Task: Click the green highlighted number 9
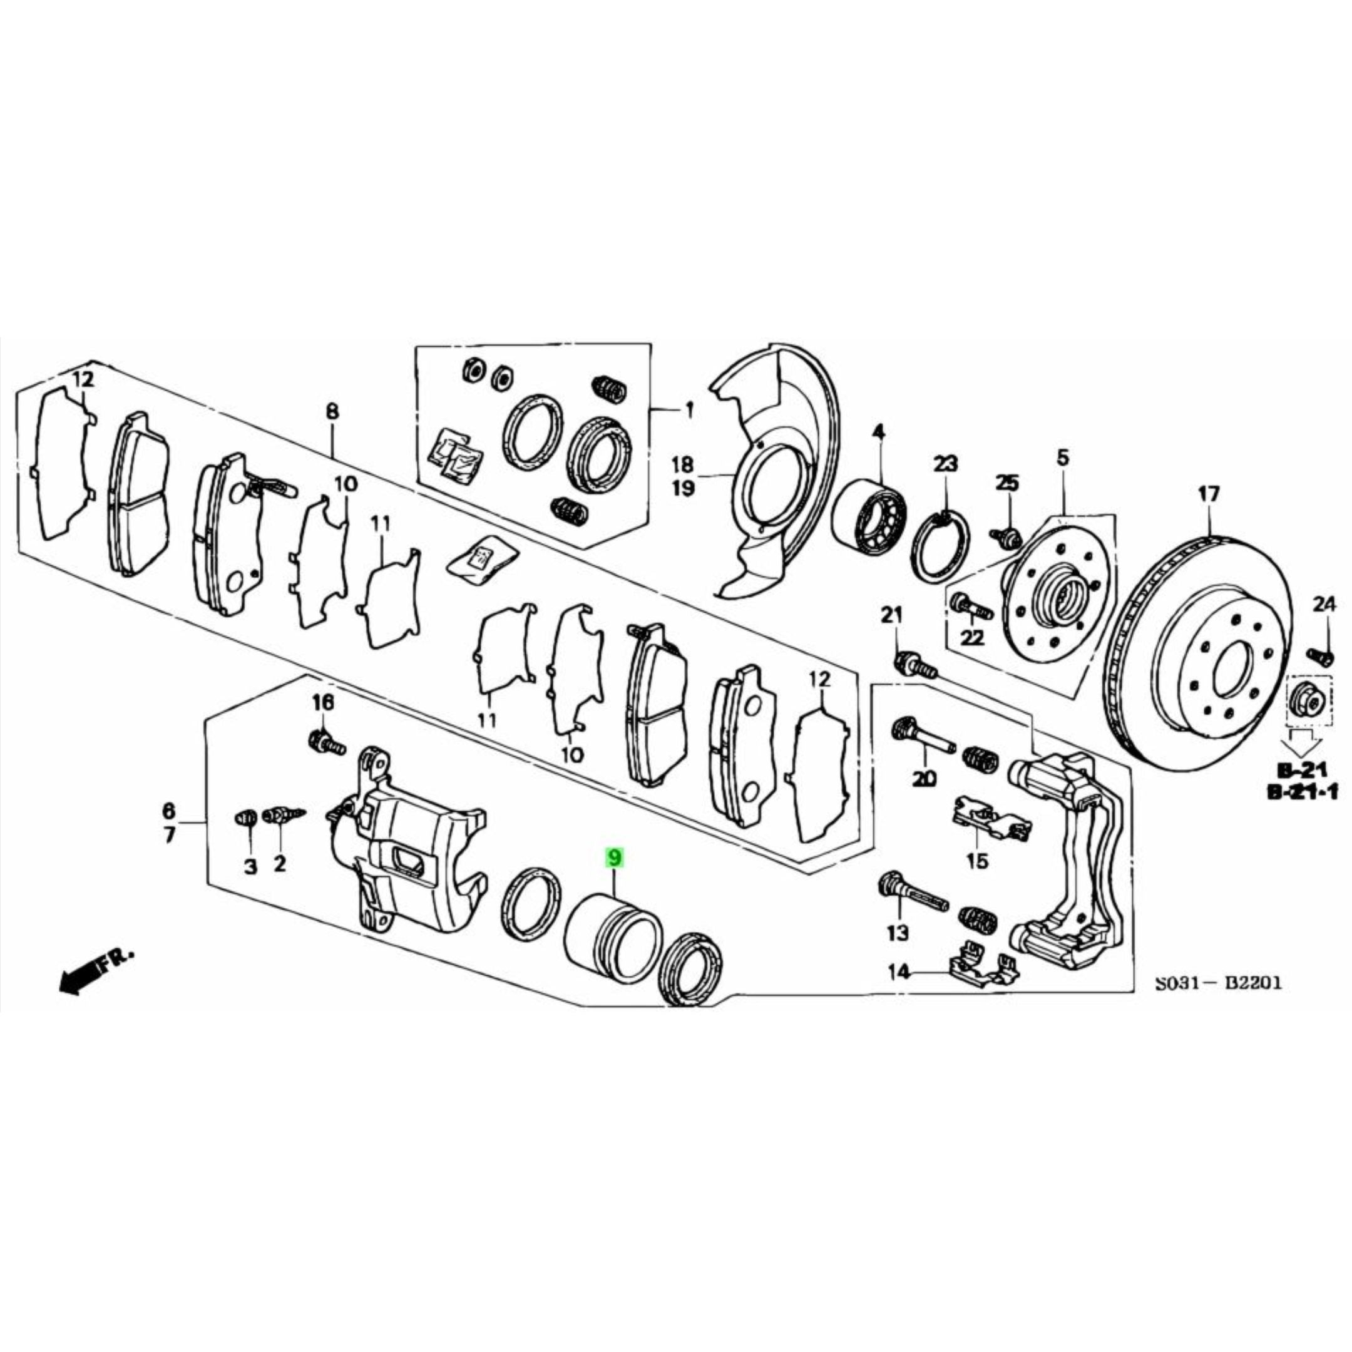coord(613,858)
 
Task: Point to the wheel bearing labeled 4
coord(870,518)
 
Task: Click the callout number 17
coord(1209,494)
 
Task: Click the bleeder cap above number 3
coord(244,817)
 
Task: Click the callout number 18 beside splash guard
coord(683,464)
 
